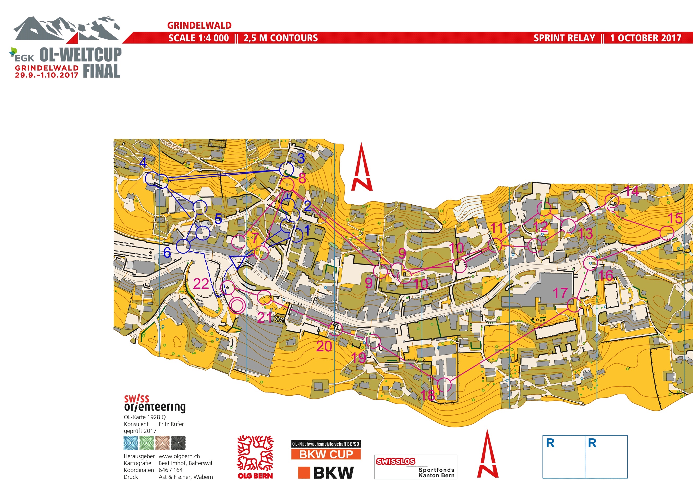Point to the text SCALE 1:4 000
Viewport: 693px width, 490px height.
[x=198, y=38]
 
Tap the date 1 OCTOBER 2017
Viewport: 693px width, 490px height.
[x=645, y=38]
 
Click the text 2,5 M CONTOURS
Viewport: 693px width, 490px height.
[x=280, y=38]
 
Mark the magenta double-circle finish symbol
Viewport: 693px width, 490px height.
[x=237, y=305]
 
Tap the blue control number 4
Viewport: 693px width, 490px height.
[x=143, y=162]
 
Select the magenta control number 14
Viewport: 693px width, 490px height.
[x=631, y=191]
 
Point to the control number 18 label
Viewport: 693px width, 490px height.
[x=428, y=395]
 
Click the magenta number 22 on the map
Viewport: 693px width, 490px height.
[x=201, y=284]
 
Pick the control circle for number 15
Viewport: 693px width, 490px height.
[x=666, y=233]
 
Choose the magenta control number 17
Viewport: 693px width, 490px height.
[x=560, y=293]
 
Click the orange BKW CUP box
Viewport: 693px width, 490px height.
[x=326, y=454]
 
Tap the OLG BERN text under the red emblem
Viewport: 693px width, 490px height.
[x=255, y=476]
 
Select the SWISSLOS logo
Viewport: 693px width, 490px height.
[x=395, y=461]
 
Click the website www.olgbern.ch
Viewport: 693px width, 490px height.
[x=179, y=456]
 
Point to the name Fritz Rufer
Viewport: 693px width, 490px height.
[x=171, y=424]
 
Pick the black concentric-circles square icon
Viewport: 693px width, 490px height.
[x=178, y=443]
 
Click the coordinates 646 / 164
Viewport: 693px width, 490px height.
[x=170, y=470]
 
